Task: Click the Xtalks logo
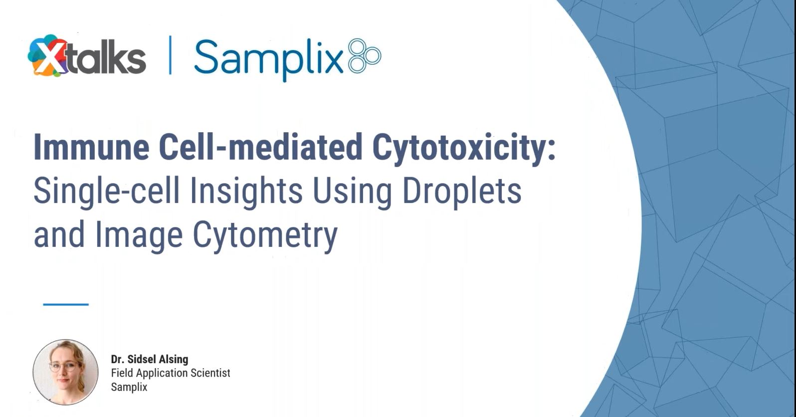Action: click(x=87, y=55)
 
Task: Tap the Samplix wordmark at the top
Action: click(x=269, y=59)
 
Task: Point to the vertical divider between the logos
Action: click(x=170, y=55)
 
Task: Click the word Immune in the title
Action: click(x=91, y=147)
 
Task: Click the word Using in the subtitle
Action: click(x=352, y=192)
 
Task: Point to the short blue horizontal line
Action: click(x=66, y=304)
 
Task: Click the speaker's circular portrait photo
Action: click(x=66, y=372)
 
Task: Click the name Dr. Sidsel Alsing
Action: click(x=150, y=359)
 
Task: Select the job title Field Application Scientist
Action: click(x=171, y=373)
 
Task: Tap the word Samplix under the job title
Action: click(x=129, y=387)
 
